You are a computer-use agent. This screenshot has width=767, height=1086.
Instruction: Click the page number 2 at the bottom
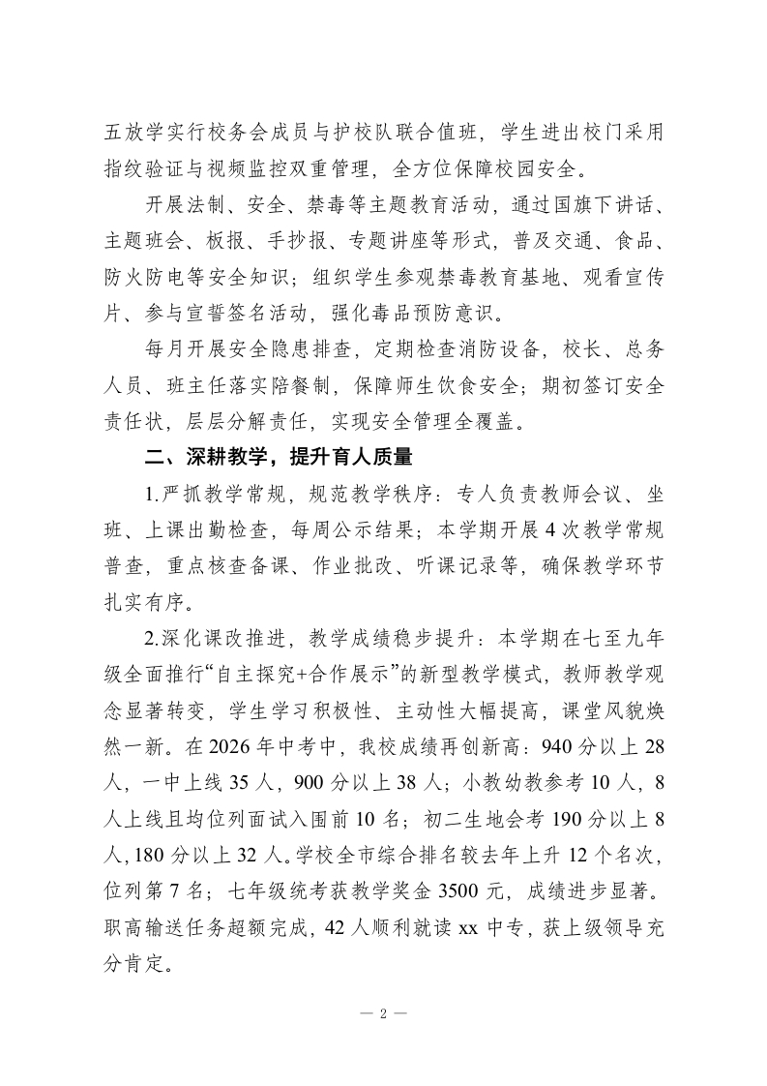click(x=383, y=1014)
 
